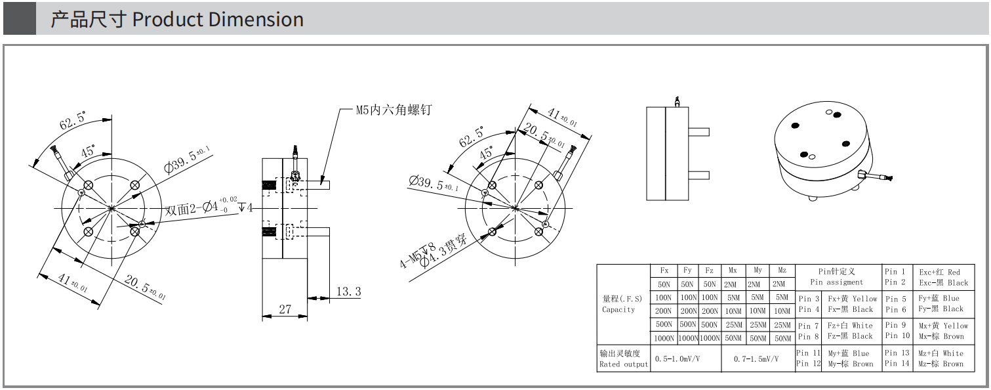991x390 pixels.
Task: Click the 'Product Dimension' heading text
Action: pyautogui.click(x=218, y=20)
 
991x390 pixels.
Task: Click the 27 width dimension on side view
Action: pyautogui.click(x=285, y=309)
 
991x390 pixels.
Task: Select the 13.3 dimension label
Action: pyautogui.click(x=349, y=292)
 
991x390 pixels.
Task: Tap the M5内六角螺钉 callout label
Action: pyautogui.click(x=394, y=110)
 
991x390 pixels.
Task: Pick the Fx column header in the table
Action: pyautogui.click(x=664, y=270)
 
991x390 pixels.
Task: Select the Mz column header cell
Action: pyautogui.click(x=782, y=270)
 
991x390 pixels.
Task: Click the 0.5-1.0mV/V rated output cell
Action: pyautogui.click(x=678, y=358)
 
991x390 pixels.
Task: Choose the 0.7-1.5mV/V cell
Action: pyautogui.click(x=756, y=358)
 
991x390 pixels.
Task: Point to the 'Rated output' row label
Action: pyautogui.click(x=623, y=364)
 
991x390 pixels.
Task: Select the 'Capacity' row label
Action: pyautogui.click(x=618, y=309)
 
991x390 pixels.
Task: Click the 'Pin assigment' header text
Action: pyautogui.click(x=837, y=282)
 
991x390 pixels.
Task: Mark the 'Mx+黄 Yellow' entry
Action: pyautogui.click(x=943, y=326)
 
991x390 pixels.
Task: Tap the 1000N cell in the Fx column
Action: pyautogui.click(x=664, y=338)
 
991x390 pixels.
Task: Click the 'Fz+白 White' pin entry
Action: pyautogui.click(x=850, y=326)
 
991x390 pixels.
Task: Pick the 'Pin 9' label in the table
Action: pyautogui.click(x=895, y=325)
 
